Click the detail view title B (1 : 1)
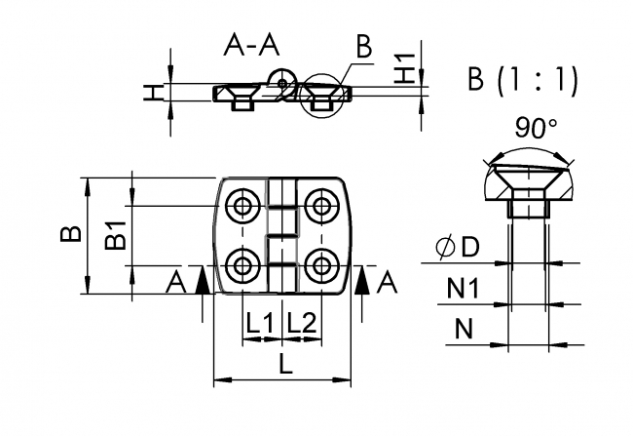[x=522, y=80]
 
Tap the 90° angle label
[x=532, y=128]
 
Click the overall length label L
[x=283, y=365]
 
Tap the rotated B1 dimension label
[x=116, y=235]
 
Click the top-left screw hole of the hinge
[x=241, y=205]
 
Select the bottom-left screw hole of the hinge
[x=241, y=264]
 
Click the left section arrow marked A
[x=201, y=283]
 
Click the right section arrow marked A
[x=362, y=283]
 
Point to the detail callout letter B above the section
[x=363, y=46]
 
